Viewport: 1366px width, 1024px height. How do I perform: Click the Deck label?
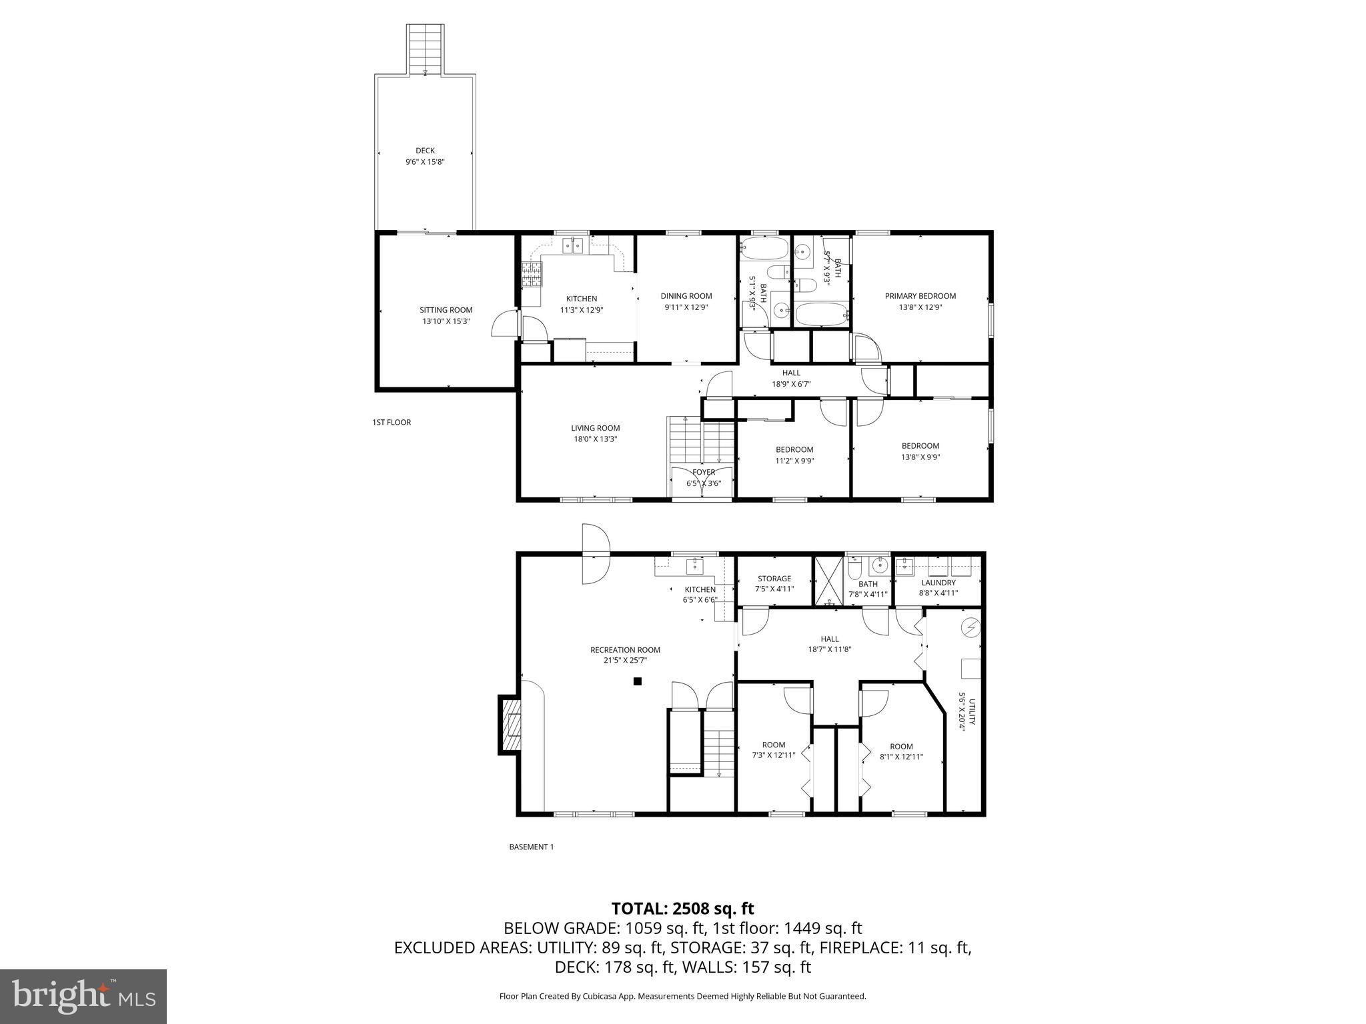(425, 151)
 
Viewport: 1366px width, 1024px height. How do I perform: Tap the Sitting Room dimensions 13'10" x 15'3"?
(446, 321)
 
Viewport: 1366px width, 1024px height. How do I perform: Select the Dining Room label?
(686, 296)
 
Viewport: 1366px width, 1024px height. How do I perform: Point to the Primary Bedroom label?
(920, 296)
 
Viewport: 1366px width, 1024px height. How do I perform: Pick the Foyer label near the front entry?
(703, 472)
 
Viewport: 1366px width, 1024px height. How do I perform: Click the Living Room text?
(595, 428)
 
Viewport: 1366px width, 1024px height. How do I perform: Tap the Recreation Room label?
(625, 650)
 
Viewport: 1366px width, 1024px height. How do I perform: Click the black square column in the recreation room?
(637, 681)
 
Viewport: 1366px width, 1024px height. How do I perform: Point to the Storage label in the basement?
(774, 579)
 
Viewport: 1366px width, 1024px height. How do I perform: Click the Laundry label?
(938, 583)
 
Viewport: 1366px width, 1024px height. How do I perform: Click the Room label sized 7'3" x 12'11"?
(774, 745)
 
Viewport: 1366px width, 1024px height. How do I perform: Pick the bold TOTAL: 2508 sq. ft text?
(682, 908)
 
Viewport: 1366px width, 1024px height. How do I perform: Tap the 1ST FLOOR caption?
(392, 422)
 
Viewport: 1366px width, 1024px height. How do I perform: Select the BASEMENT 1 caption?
(531, 847)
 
